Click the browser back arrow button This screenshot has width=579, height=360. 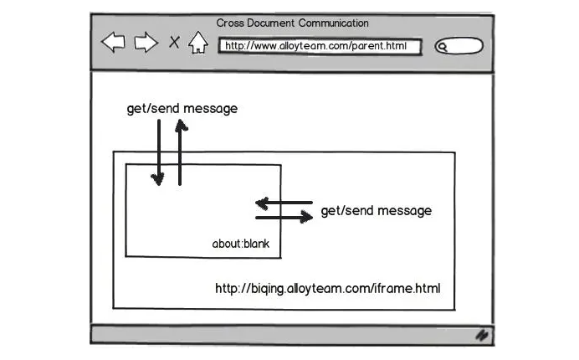(113, 43)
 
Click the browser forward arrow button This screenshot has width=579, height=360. (146, 43)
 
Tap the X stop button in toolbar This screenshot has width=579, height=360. (174, 42)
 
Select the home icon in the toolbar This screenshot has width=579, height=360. (197, 43)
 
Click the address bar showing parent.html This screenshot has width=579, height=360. (319, 46)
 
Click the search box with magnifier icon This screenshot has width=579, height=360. (459, 47)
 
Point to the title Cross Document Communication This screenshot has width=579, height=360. (292, 23)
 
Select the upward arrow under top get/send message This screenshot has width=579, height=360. (180, 152)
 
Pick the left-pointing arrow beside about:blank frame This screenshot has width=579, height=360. (284, 203)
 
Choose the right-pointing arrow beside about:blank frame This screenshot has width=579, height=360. (284, 218)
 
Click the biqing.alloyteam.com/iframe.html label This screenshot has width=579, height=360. (327, 289)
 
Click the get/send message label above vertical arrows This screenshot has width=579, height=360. (182, 109)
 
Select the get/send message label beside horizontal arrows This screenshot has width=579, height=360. (377, 211)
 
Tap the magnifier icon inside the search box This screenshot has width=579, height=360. (442, 47)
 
